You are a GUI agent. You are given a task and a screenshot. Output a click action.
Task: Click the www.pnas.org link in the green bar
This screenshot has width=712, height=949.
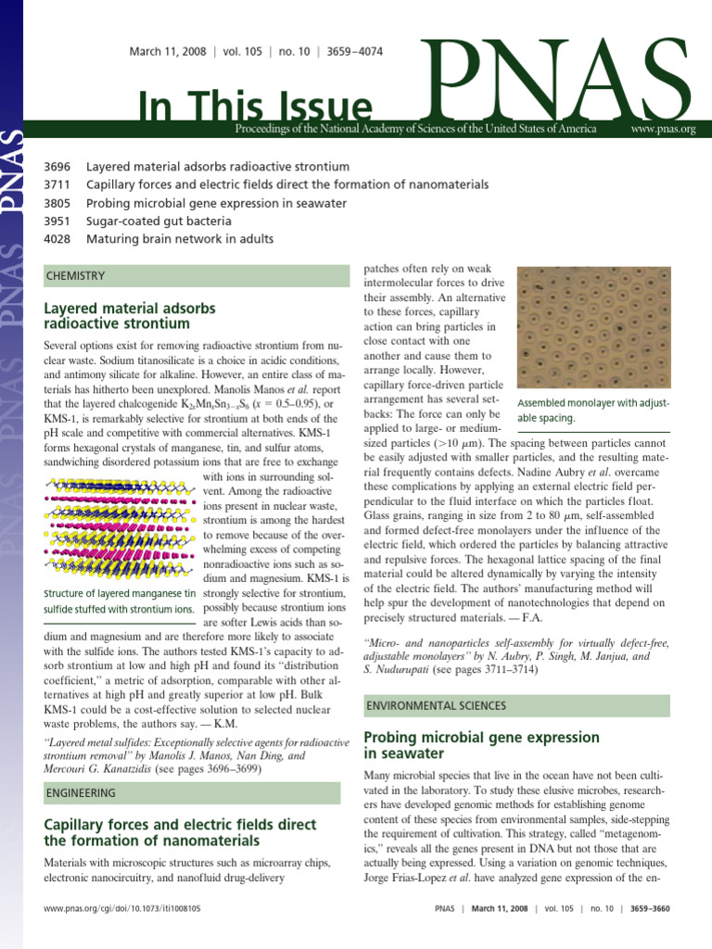pos(662,129)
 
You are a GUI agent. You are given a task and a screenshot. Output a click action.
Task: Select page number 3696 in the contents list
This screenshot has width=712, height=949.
pos(57,168)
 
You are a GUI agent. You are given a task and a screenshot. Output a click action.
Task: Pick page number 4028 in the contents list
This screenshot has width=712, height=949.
pos(57,239)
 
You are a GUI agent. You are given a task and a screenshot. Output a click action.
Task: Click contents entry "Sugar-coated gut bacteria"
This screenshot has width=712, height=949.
pos(159,221)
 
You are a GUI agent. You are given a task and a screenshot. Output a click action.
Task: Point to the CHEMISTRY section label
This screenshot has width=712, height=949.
pos(75,276)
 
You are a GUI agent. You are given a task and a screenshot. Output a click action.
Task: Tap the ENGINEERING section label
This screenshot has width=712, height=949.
pos(81,793)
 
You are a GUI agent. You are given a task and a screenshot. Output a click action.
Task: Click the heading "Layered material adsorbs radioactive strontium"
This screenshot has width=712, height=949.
pos(130,315)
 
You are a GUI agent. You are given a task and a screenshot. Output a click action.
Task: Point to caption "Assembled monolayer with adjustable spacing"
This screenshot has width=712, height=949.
pos(592,411)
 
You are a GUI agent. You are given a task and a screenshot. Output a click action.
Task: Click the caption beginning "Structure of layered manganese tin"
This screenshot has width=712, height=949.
pos(120,601)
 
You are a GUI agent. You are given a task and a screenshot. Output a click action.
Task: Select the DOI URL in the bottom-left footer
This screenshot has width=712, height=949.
pos(122,910)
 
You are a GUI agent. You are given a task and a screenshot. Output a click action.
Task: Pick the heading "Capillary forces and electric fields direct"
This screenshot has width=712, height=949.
pos(167,832)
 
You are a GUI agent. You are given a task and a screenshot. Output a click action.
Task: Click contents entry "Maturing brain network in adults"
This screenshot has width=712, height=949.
pos(180,239)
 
